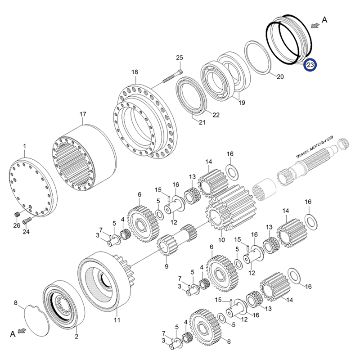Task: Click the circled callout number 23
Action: point(310,65)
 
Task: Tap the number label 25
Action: point(180,58)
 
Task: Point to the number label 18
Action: point(135,72)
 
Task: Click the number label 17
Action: point(82,114)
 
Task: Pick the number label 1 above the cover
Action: point(25,146)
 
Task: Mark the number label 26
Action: point(16,225)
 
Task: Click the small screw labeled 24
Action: point(28,220)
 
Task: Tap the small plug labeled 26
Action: point(18,214)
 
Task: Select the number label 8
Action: point(16,303)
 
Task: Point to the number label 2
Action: point(76,336)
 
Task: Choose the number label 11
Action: point(117,320)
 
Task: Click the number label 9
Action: point(166,266)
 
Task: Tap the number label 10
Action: point(221,240)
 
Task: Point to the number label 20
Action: point(280,77)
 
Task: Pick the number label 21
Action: point(202,122)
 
